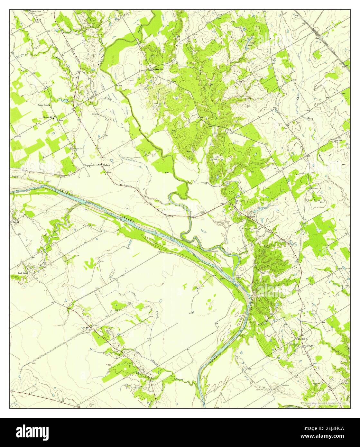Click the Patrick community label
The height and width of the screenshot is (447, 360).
16,222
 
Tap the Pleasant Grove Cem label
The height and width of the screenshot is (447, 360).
34,12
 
